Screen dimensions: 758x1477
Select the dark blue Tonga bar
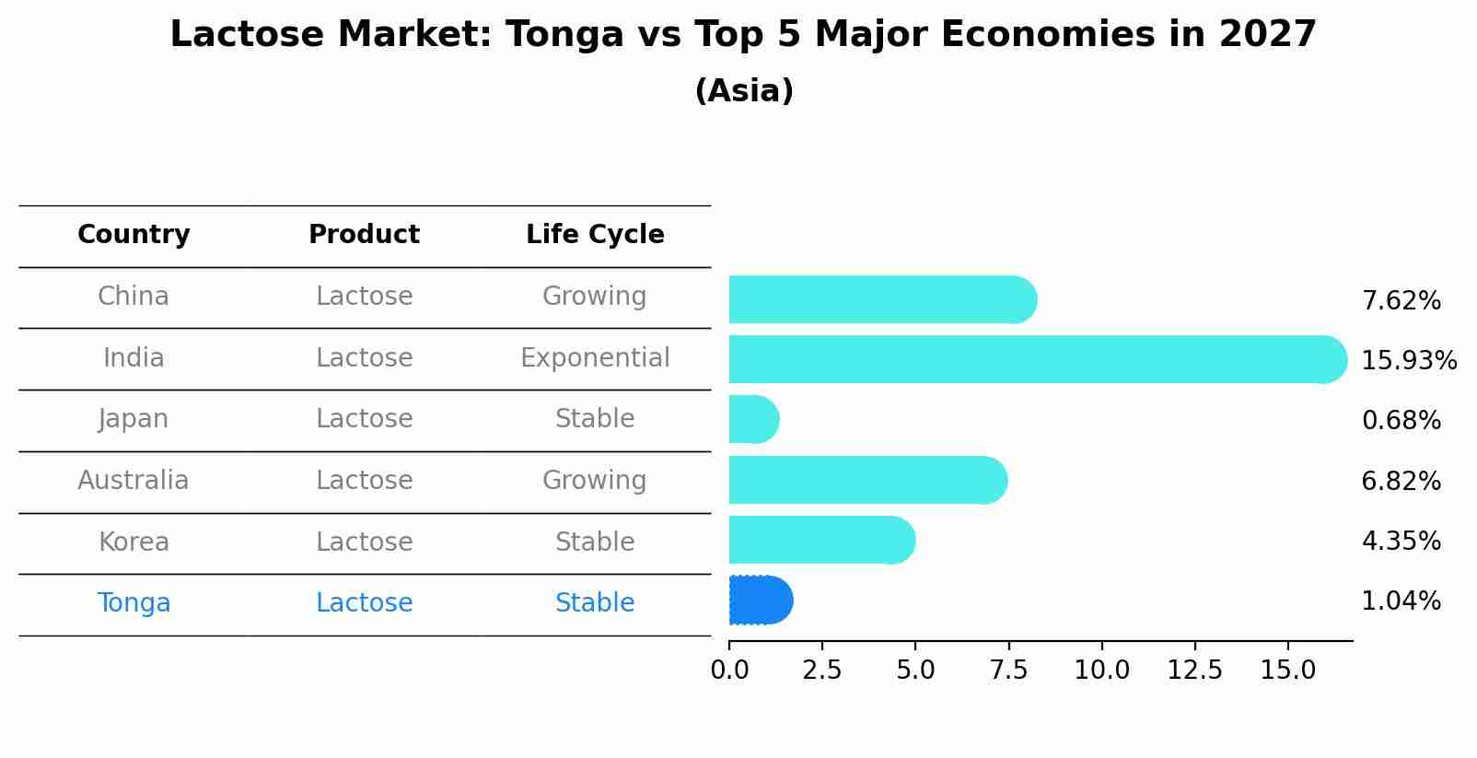[x=760, y=601]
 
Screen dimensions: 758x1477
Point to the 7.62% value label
[x=1401, y=301]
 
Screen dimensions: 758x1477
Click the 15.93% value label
[x=1408, y=361]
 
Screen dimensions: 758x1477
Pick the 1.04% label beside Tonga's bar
[x=1401, y=601]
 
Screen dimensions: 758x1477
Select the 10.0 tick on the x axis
[x=1101, y=671]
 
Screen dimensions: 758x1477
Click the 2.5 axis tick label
[x=821, y=671]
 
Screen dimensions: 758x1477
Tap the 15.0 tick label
[x=1287, y=671]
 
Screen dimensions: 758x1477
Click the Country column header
[x=134, y=235]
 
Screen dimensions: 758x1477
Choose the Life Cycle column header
[x=595, y=235]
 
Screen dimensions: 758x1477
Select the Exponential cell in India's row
[x=595, y=358]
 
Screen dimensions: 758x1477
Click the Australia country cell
[x=134, y=481]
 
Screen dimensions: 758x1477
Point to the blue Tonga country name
[x=134, y=603]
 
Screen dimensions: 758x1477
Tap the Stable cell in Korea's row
[x=595, y=542]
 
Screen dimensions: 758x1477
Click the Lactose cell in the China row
[x=364, y=297]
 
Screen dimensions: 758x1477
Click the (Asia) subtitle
[x=744, y=91]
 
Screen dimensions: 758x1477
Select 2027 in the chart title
[x=1268, y=35]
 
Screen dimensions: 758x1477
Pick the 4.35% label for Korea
[x=1401, y=542]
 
